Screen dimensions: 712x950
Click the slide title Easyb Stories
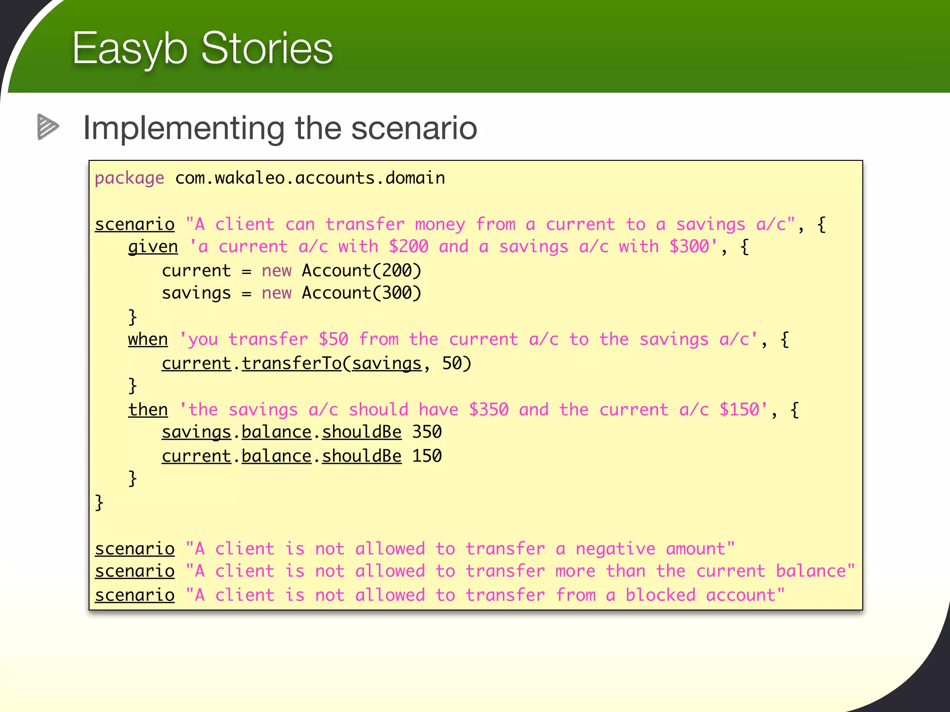(202, 48)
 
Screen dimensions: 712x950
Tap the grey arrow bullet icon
(48, 127)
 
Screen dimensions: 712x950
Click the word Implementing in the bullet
(183, 128)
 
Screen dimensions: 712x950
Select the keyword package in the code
(129, 178)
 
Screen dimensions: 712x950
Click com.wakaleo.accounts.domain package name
(310, 178)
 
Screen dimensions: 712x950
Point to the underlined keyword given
(153, 247)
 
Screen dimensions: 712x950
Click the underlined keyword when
(148, 339)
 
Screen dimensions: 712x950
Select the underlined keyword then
(148, 410)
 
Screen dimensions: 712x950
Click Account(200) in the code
(361, 271)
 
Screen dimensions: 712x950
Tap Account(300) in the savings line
(361, 293)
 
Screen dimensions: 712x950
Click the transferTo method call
(291, 363)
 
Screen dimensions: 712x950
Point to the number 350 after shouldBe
(427, 432)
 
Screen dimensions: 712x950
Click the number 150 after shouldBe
(427, 456)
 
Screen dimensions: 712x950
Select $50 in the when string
(333, 339)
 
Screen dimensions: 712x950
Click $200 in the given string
(408, 247)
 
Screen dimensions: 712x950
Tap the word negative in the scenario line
(616, 549)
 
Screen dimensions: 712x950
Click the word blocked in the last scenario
(660, 595)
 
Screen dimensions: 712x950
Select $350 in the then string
(488, 410)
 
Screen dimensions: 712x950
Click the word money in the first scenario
(440, 225)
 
